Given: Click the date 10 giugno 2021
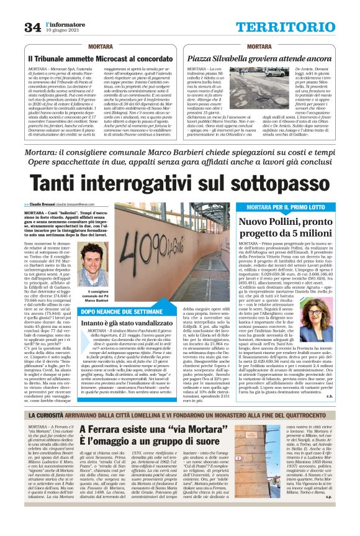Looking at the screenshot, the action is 63,30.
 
